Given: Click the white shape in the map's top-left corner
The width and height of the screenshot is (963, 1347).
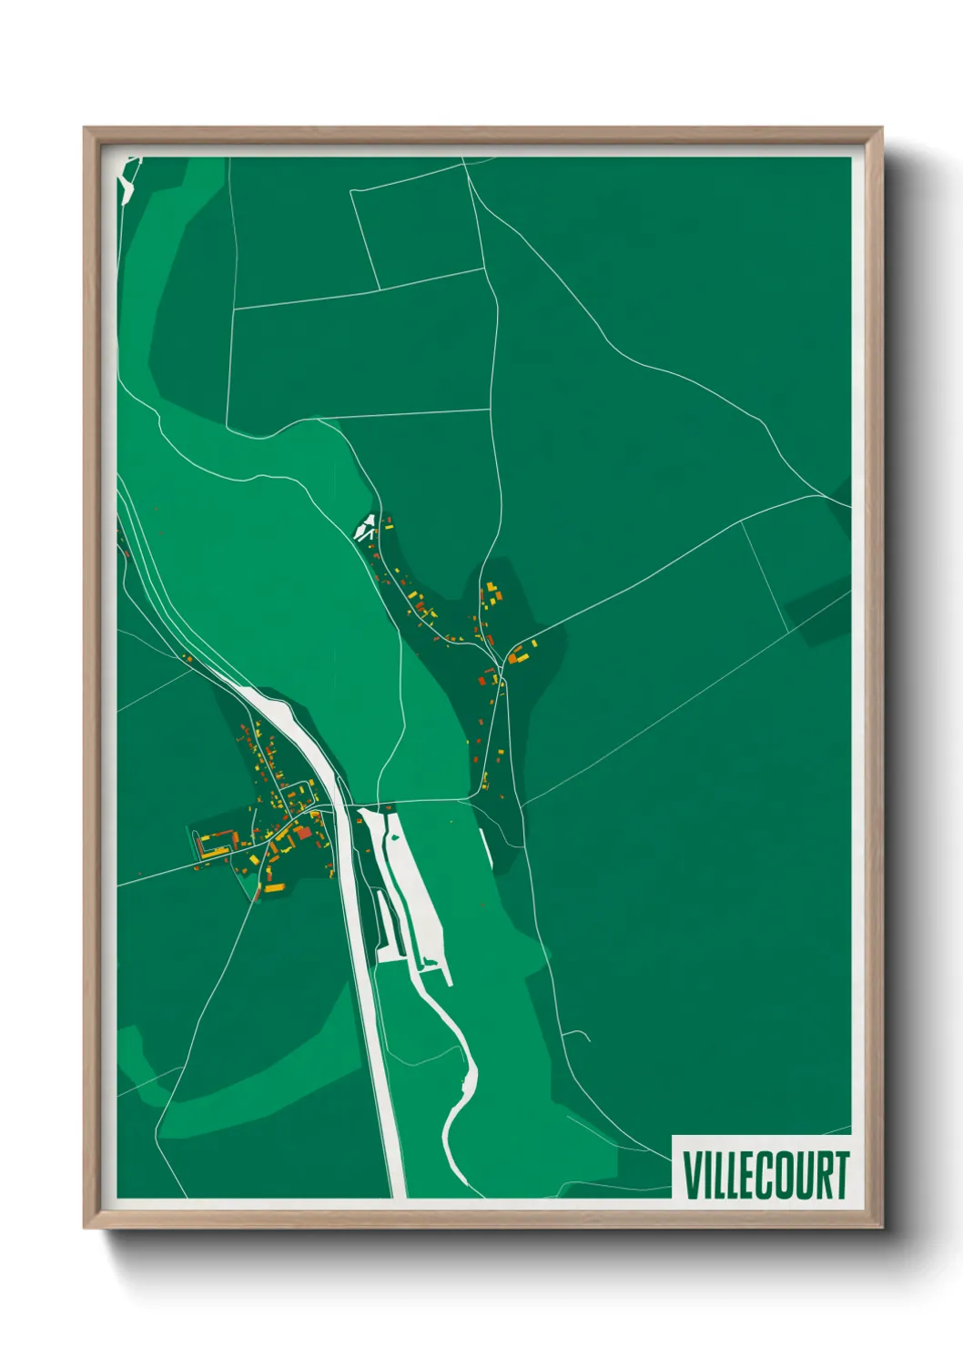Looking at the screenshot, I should pos(127,178).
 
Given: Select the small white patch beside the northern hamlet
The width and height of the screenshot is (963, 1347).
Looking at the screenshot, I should pos(366,525).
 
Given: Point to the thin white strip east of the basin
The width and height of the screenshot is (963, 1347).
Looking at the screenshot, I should pos(486,846).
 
